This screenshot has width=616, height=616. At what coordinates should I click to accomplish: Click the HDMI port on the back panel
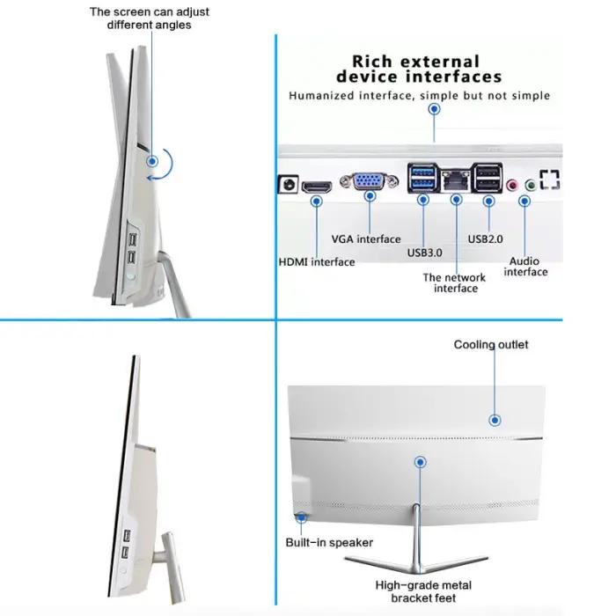point(317,187)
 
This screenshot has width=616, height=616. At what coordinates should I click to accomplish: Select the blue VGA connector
point(370,181)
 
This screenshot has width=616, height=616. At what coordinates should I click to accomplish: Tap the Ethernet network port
point(456,180)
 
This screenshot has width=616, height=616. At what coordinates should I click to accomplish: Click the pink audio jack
point(512,185)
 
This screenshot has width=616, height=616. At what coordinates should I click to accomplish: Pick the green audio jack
point(531,185)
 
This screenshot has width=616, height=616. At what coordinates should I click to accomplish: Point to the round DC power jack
point(289,184)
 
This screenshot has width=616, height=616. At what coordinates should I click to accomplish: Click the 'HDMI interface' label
point(317,262)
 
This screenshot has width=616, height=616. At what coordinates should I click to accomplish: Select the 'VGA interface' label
point(366,239)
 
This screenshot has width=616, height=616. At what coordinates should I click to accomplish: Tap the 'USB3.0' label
point(425,253)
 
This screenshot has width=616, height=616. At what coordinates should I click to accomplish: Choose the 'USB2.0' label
point(485,239)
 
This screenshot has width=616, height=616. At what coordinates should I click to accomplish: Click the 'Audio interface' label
point(525,267)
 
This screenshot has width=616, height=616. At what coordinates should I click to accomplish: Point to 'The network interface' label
point(455,282)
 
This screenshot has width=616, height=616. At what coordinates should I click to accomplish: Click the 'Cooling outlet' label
point(491,345)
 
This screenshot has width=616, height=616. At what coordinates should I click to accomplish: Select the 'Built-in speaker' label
point(329,543)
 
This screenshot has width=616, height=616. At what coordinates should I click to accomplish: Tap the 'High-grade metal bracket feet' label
point(423,591)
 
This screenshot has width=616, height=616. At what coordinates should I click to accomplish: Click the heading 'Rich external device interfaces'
point(419,70)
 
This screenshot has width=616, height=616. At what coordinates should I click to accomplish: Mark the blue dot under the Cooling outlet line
point(495,421)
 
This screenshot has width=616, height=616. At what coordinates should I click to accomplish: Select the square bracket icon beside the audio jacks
point(550,180)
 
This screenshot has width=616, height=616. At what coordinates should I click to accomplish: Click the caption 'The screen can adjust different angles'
point(150,18)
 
